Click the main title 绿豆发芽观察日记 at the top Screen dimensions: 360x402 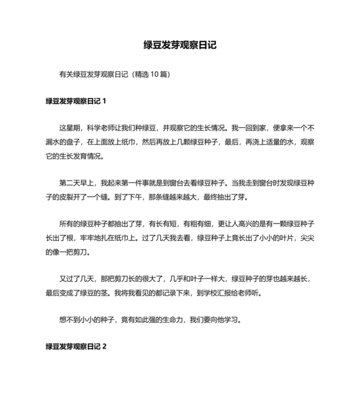coord(179,46)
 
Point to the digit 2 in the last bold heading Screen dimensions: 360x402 coord(104,346)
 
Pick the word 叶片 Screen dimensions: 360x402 coord(270,238)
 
